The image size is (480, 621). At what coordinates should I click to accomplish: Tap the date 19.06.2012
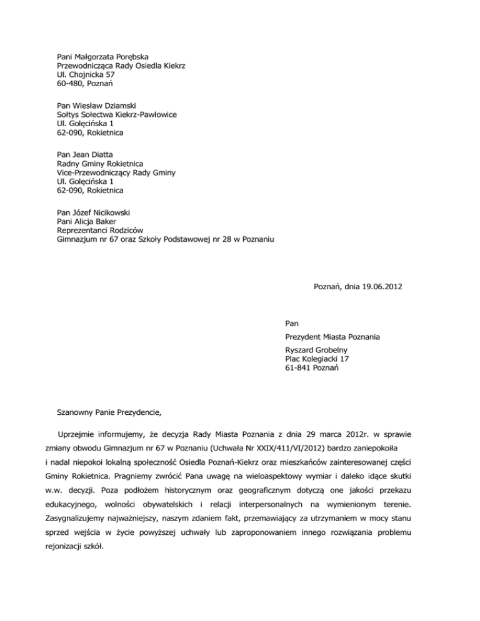click(x=381, y=287)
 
